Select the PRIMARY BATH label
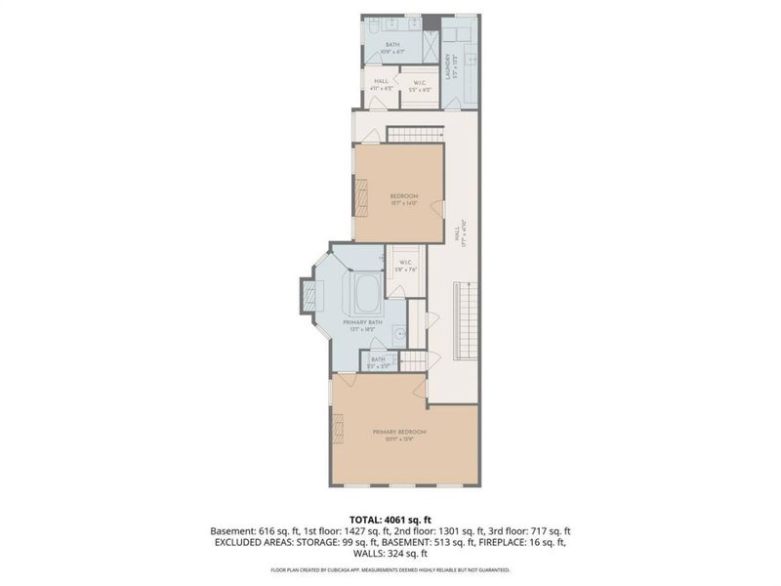[x=361, y=324]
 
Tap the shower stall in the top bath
[x=430, y=44]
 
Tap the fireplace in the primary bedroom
[x=339, y=427]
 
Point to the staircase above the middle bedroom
[x=417, y=134]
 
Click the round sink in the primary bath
[x=399, y=334]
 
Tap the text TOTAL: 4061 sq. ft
[x=390, y=519]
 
